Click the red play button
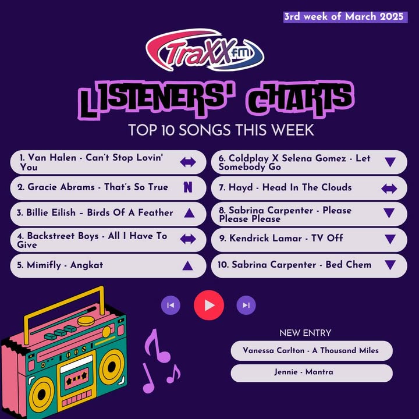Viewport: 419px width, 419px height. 209,305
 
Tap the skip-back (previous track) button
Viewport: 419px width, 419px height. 171,305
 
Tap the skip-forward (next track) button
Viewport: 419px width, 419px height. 246,305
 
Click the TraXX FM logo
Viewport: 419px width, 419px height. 205,50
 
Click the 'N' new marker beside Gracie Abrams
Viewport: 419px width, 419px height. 188,187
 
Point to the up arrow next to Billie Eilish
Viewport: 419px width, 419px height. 189,213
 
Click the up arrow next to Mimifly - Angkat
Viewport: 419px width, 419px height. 187,265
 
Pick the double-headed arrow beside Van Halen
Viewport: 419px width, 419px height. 188,162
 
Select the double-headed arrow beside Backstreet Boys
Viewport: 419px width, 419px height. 188,239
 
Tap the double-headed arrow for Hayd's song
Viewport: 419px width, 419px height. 389,189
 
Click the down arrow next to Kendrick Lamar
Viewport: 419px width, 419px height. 390,239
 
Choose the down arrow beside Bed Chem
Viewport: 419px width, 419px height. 390,265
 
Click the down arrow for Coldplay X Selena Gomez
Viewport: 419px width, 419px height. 390,162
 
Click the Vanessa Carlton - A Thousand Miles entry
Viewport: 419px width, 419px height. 311,350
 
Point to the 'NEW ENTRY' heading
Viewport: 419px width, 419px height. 305,333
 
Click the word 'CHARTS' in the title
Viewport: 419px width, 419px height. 300,100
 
